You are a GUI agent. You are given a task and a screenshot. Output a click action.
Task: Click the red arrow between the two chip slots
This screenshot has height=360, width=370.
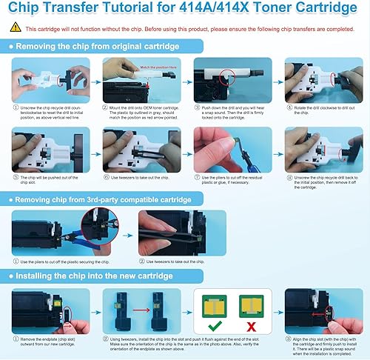pos(138,310)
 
